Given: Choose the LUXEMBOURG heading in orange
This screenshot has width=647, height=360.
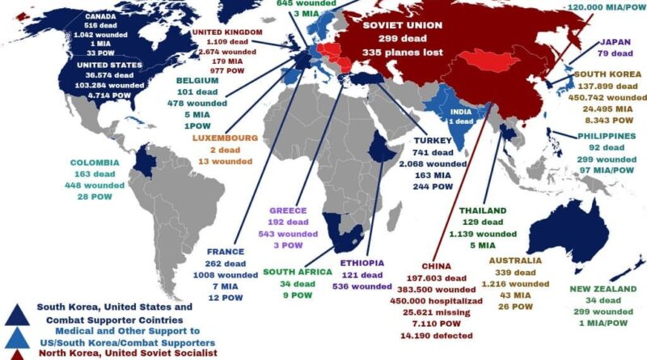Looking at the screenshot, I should (x=225, y=138).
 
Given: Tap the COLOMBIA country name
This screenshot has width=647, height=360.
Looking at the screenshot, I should (x=95, y=162).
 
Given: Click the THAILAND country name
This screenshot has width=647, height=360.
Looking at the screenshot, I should (x=483, y=210).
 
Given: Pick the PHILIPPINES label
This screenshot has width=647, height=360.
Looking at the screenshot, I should (x=607, y=136).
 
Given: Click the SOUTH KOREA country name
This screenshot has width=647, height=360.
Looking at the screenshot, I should (x=607, y=74).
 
